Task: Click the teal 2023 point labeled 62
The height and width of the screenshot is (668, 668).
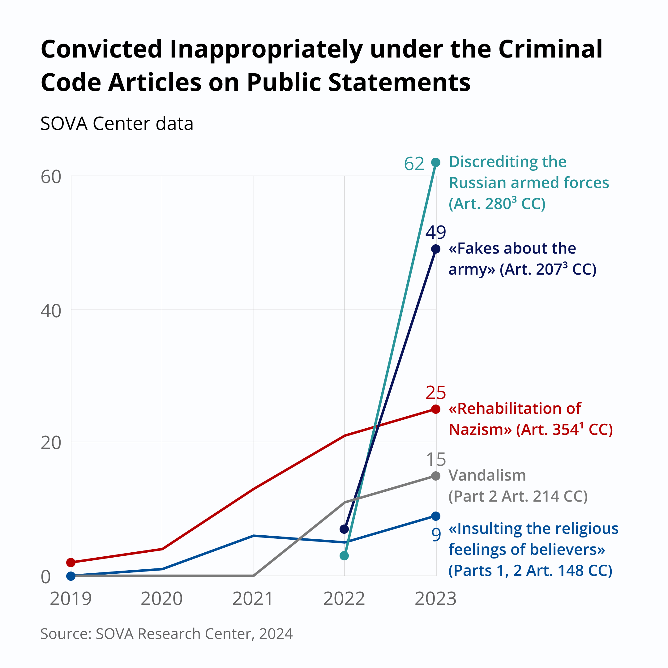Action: point(436,162)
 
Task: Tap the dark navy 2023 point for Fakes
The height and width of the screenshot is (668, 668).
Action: point(436,249)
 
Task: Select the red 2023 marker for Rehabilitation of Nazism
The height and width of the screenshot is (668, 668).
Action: point(436,409)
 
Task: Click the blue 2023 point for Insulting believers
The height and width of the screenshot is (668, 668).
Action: point(436,516)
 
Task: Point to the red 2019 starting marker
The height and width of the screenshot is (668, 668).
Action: point(71,563)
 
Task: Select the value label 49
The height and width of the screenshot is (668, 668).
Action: point(436,232)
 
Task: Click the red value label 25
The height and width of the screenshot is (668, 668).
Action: point(436,393)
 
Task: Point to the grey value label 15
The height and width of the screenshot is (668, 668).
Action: point(436,460)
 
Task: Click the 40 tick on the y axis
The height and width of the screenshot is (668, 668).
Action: point(50,311)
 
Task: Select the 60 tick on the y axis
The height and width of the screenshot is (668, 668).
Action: point(50,177)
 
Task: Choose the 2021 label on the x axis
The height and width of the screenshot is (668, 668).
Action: point(253,599)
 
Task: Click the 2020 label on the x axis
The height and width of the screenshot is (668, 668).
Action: point(161,599)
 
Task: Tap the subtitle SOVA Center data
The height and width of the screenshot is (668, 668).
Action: point(117,123)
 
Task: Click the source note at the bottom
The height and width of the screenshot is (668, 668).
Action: point(166,634)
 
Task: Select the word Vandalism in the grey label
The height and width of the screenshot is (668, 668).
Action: point(487,475)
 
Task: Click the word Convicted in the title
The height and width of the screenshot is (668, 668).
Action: point(102,49)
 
